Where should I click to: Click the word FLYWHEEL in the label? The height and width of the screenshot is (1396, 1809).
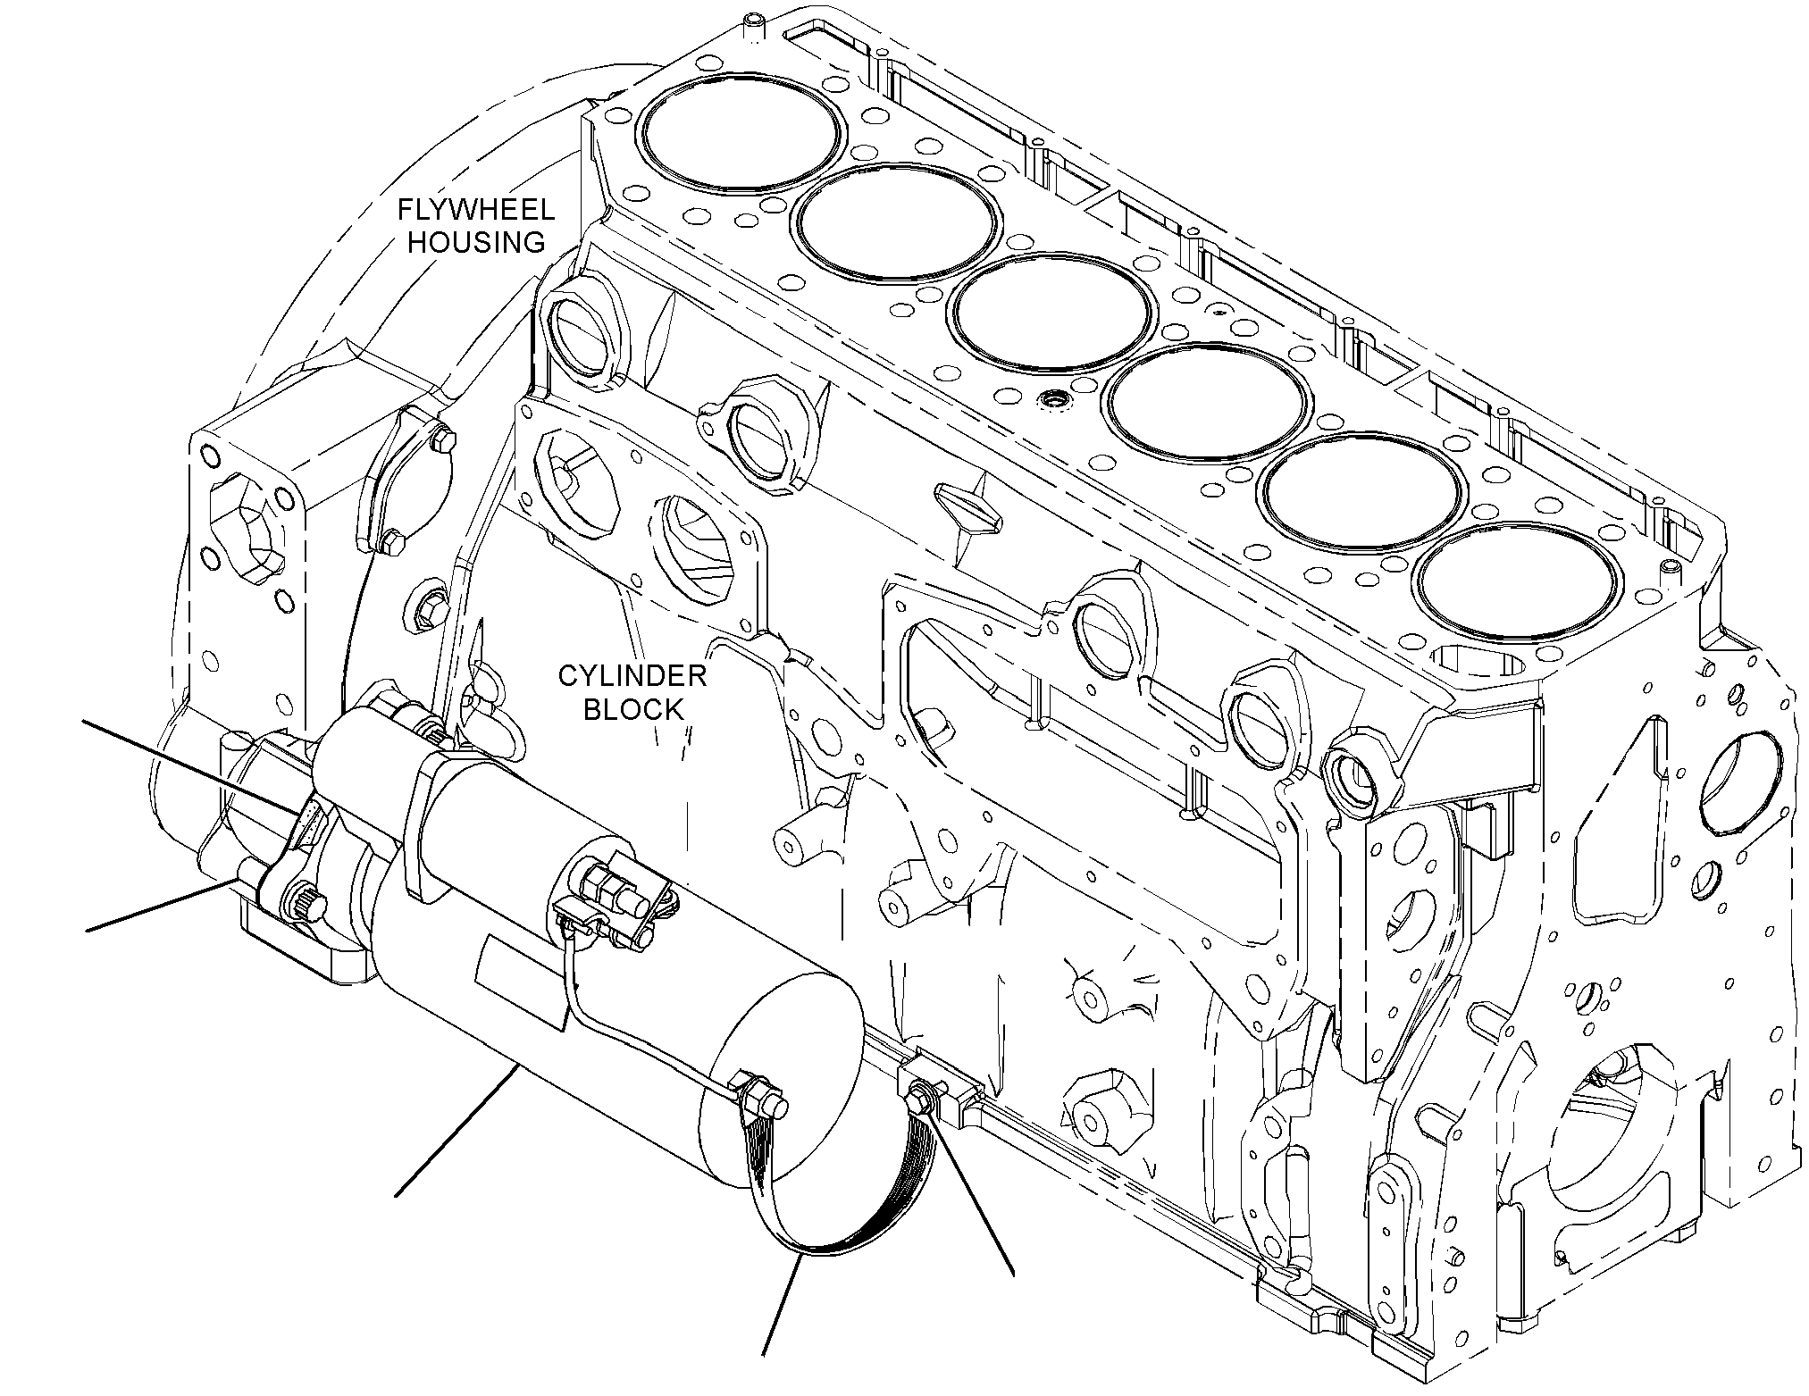tap(476, 211)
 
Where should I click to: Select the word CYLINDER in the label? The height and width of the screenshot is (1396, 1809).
tap(632, 675)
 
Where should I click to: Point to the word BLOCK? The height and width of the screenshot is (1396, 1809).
tap(632, 709)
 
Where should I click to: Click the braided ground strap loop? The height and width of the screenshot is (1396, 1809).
tap(840, 1197)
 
